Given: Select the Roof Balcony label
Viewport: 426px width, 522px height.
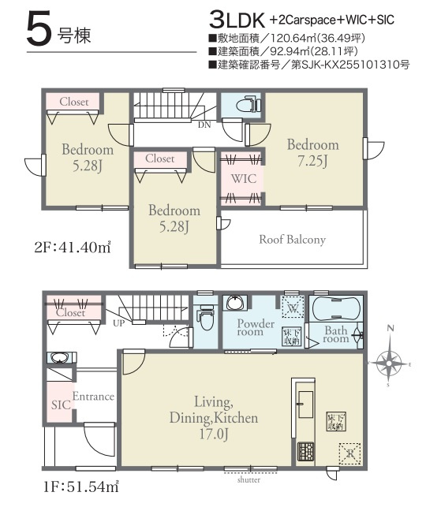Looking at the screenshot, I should point(292,240).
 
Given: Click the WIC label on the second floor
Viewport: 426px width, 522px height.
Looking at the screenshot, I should point(243,178).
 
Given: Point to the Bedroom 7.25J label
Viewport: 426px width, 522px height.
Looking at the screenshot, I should point(312,152).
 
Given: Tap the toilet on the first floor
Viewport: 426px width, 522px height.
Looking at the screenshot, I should point(205,319).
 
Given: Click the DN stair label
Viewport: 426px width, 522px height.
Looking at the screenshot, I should point(204,124).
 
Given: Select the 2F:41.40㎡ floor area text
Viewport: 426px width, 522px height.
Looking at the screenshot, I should point(65,248).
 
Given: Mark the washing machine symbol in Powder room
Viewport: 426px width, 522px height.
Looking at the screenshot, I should point(291,305).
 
